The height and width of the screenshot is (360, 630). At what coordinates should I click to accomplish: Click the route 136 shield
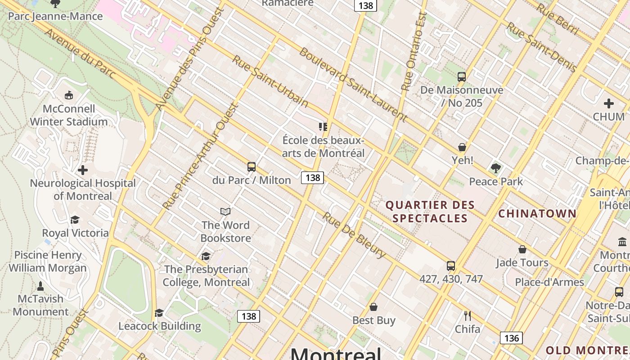click(x=511, y=338)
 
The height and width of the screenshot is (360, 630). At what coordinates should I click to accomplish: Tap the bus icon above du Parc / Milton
click(x=252, y=167)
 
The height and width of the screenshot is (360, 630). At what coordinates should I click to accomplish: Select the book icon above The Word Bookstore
click(x=225, y=211)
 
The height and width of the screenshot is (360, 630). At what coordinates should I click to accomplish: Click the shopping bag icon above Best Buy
click(x=373, y=307)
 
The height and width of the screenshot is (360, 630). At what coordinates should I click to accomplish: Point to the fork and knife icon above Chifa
click(x=468, y=315)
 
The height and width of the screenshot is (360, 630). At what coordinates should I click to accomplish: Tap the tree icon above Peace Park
click(x=496, y=168)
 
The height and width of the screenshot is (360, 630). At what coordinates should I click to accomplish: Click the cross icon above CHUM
click(x=609, y=103)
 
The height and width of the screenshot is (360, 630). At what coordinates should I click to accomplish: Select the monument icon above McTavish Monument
click(x=40, y=286)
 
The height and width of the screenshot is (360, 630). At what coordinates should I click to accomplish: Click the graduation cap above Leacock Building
click(x=159, y=313)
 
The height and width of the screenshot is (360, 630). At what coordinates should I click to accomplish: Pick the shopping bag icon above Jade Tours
click(x=522, y=249)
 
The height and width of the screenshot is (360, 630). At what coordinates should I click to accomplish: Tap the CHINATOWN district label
click(x=537, y=213)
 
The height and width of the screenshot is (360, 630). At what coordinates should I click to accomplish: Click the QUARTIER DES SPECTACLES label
click(x=430, y=211)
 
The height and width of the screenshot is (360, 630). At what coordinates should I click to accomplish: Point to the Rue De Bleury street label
click(x=354, y=235)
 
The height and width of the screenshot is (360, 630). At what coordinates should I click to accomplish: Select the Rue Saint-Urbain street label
click(x=270, y=81)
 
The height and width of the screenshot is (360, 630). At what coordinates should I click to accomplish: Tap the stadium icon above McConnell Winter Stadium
click(x=69, y=95)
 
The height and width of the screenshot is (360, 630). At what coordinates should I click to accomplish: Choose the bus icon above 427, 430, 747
click(x=451, y=265)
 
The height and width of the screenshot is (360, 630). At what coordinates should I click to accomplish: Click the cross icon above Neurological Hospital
click(x=83, y=170)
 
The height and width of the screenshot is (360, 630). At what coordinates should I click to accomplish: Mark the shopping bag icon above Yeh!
click(x=462, y=147)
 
